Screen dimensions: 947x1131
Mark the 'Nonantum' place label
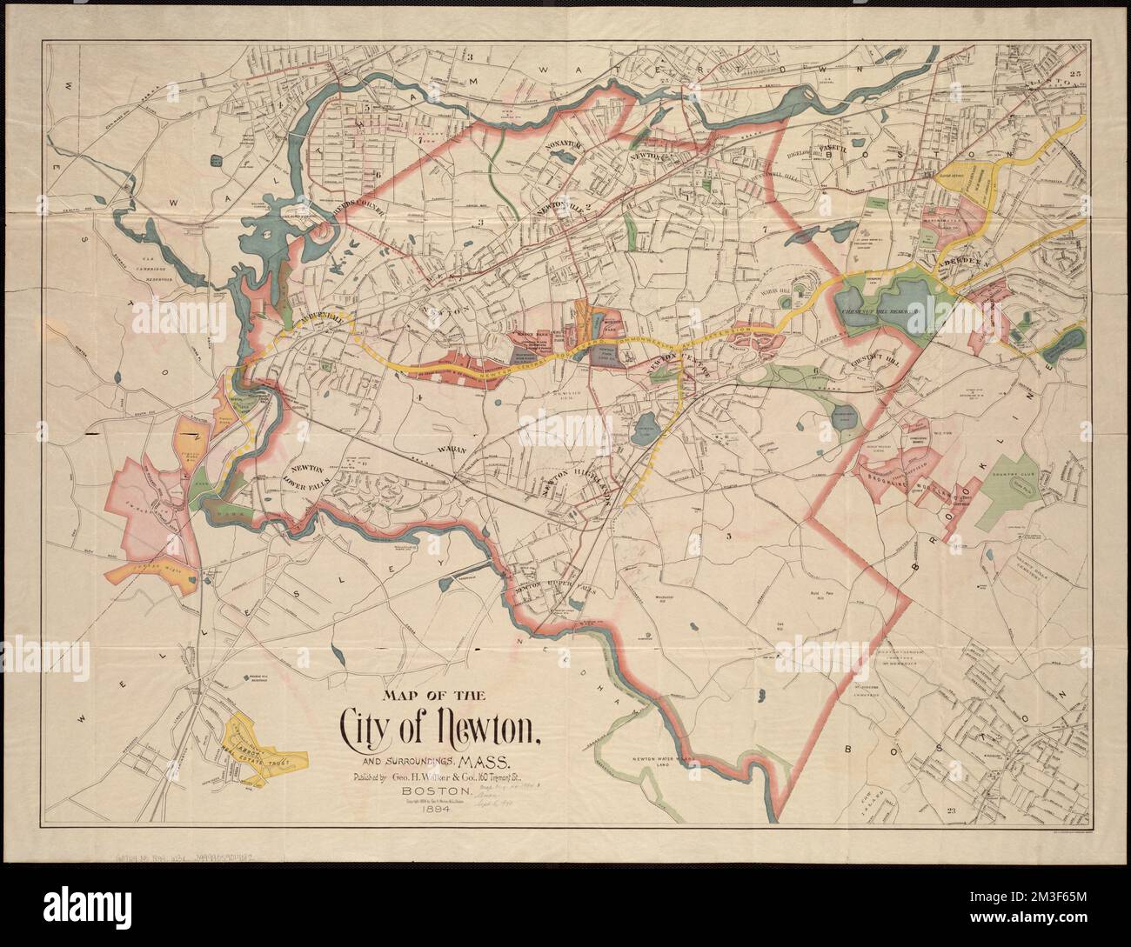tap(557, 148)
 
